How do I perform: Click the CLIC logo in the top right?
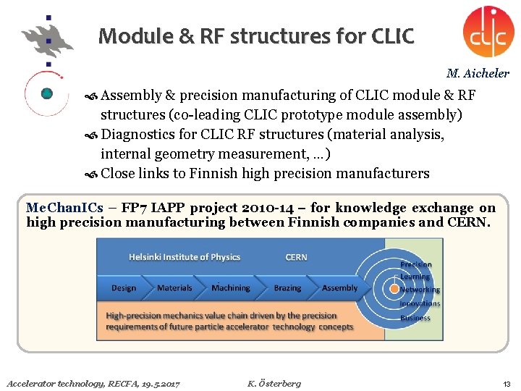[x=488, y=31]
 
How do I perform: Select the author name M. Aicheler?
[x=478, y=73]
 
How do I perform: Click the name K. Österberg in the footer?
[x=274, y=383]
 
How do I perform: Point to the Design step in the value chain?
[x=124, y=287]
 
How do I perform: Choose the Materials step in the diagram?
[x=174, y=287]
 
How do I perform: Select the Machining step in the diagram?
[x=231, y=287]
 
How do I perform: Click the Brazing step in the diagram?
[x=287, y=287]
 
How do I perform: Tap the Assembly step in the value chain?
[x=339, y=287]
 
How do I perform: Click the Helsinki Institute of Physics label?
[x=185, y=257]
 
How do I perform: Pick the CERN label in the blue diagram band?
[x=296, y=257]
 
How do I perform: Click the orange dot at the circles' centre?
[x=394, y=288]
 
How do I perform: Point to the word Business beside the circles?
[x=415, y=318]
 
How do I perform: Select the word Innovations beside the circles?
[x=420, y=304]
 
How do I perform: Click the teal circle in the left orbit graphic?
[x=47, y=93]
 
